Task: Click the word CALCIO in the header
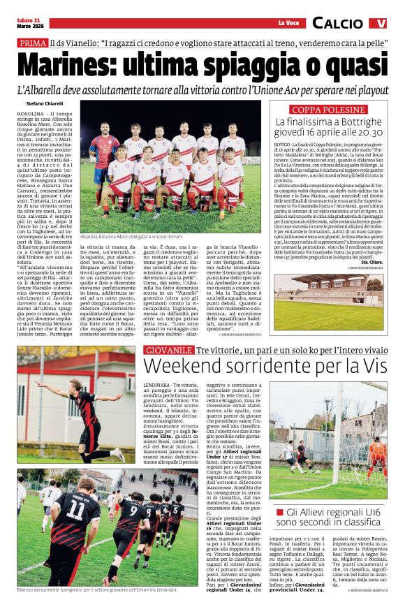click(337, 23)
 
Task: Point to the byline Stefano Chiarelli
click(40, 103)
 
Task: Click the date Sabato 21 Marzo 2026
click(32, 23)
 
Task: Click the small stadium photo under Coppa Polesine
click(328, 292)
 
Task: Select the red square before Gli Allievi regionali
click(279, 513)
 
